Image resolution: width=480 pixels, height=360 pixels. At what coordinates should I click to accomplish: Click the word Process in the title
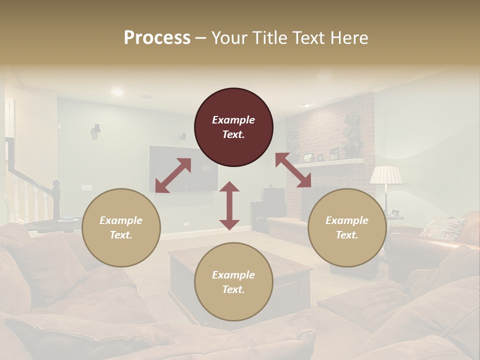click(157, 38)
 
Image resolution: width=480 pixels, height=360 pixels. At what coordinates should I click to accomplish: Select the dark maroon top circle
click(233, 127)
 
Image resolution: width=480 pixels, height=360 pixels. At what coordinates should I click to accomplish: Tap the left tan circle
click(121, 227)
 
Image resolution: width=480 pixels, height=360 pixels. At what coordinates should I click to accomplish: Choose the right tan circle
click(347, 227)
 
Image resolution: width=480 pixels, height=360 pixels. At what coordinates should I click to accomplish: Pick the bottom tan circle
click(233, 282)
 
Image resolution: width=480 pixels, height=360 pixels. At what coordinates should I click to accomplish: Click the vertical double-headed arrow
click(229, 205)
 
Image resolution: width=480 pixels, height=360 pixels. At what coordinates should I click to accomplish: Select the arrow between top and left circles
click(173, 175)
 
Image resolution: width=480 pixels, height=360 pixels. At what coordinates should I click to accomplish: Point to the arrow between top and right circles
click(293, 170)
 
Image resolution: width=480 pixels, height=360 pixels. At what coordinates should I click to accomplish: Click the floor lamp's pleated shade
click(386, 175)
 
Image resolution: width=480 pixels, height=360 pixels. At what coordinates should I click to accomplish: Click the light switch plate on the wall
click(86, 188)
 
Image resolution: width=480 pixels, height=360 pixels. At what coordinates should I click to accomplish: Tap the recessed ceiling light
click(117, 91)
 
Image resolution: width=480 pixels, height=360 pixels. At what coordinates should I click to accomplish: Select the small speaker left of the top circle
click(183, 135)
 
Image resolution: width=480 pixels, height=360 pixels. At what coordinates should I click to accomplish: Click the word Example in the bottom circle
click(233, 275)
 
